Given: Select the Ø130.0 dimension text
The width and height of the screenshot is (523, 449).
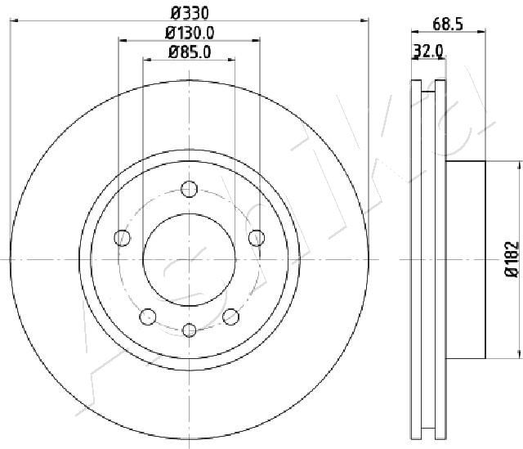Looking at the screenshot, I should (x=190, y=33).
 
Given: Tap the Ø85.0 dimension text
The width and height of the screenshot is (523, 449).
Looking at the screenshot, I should (x=190, y=53).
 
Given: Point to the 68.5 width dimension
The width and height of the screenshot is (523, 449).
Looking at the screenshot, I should (x=448, y=25).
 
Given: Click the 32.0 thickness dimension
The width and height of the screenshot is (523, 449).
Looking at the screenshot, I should (x=428, y=51).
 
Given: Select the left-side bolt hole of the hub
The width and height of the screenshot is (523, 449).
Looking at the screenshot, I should (x=123, y=238).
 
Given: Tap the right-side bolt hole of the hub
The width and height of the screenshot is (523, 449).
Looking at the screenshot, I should (x=256, y=238).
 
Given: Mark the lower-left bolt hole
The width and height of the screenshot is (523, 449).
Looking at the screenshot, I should (x=148, y=316).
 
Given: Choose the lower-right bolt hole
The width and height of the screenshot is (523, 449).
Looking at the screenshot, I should (x=230, y=316).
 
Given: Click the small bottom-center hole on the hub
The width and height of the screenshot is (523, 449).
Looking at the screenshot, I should (x=190, y=330).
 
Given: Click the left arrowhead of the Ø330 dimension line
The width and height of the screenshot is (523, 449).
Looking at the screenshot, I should (x=14, y=17).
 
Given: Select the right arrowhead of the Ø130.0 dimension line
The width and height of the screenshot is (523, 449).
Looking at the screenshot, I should (x=257, y=38).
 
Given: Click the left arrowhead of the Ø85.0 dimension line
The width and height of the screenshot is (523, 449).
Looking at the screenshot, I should (x=148, y=59).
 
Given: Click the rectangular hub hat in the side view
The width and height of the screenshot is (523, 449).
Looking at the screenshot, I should (x=466, y=259).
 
